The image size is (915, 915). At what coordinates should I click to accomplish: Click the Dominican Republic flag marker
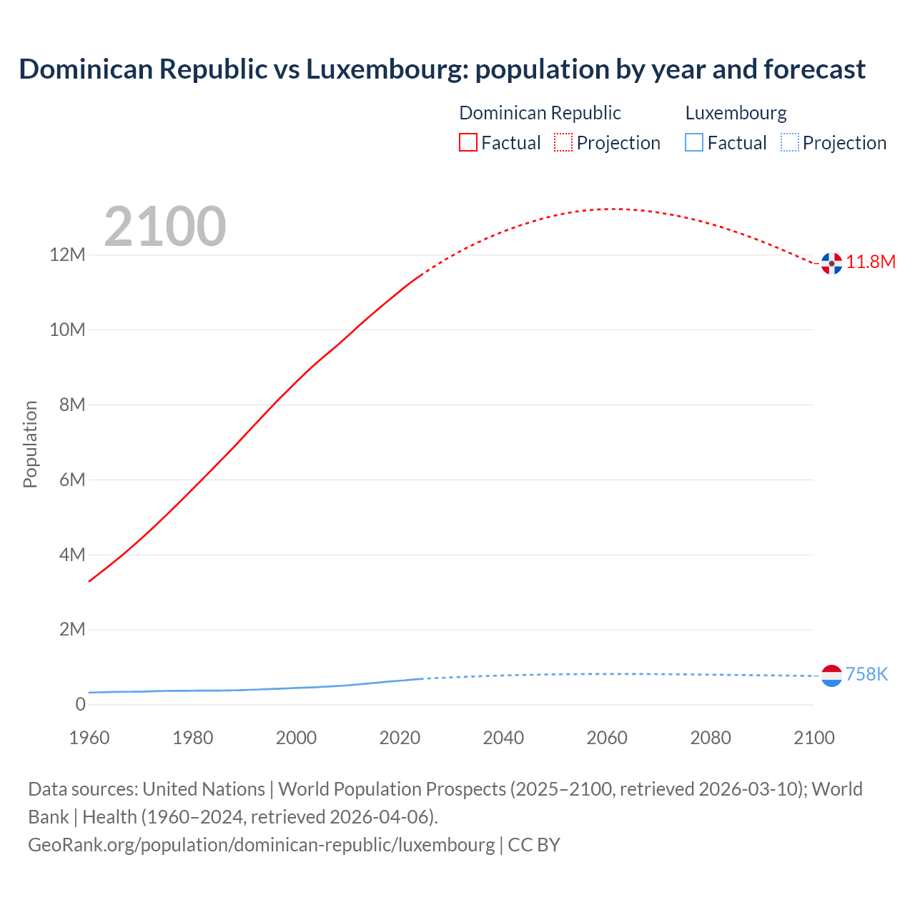831,263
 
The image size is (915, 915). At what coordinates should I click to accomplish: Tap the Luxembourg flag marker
831,676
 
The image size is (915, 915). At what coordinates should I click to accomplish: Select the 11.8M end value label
871,262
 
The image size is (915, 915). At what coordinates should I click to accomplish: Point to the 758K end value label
866,674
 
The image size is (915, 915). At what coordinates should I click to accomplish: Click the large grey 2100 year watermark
165,227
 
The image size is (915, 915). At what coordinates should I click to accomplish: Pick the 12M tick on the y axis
67,255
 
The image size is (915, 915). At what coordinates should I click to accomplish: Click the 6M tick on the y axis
72,480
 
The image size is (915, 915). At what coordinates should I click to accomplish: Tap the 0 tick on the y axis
80,704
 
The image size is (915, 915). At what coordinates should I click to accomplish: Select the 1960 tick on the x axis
89,738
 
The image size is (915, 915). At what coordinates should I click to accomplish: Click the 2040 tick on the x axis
503,738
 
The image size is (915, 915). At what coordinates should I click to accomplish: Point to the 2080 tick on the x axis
711,738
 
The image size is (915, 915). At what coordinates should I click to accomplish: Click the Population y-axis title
30,444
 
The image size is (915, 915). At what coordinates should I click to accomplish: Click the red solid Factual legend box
468,143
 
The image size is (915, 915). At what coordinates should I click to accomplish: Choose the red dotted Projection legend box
563,143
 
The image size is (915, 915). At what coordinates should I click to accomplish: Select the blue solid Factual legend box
694,143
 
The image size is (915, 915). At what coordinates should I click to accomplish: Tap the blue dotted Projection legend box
789,143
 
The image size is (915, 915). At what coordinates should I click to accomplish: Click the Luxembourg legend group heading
736,113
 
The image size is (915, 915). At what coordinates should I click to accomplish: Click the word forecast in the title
814,69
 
